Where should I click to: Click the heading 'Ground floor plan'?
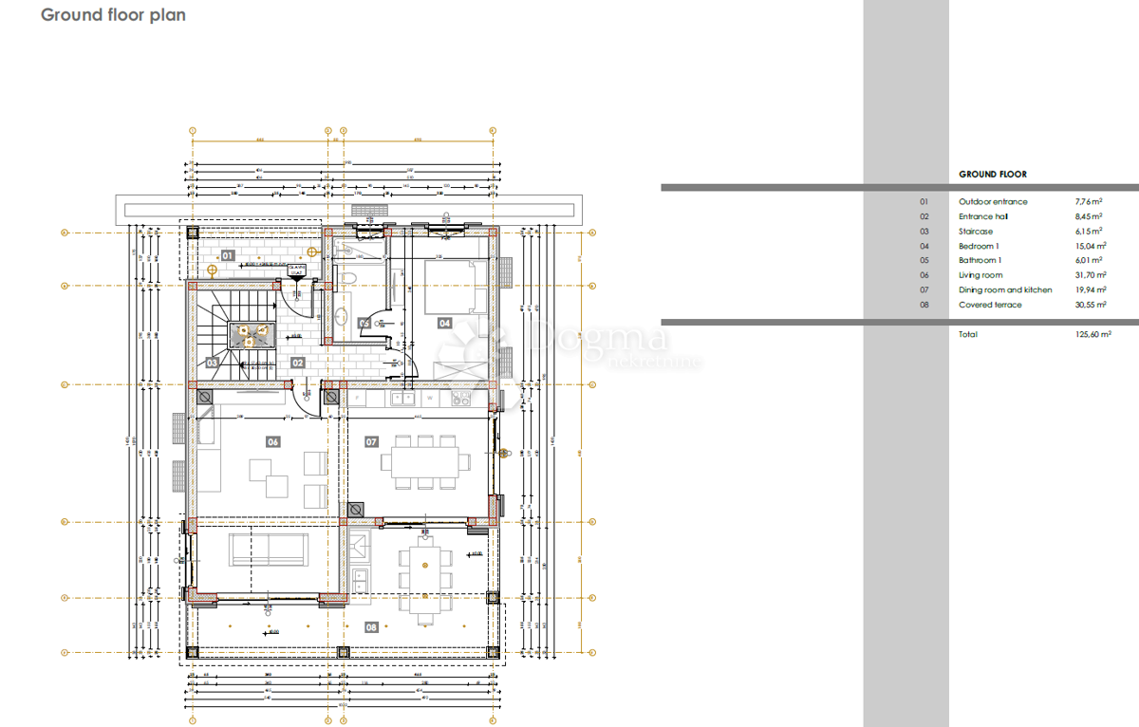[113, 16]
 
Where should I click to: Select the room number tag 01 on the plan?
[228, 254]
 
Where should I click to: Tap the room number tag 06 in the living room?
[273, 441]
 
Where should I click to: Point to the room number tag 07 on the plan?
[371, 441]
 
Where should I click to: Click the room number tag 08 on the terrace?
[371, 626]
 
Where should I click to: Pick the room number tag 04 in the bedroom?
[444, 323]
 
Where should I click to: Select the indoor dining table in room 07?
[424, 463]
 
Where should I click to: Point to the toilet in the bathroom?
[347, 276]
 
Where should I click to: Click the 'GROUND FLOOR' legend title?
[992, 175]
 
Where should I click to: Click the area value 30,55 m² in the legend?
[1088, 305]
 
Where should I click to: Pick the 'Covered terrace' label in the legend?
[990, 305]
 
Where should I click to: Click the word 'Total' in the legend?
[968, 334]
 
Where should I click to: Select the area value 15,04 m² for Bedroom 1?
[1088, 246]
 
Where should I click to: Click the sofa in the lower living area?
[271, 548]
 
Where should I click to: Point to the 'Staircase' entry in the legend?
[976, 231]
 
